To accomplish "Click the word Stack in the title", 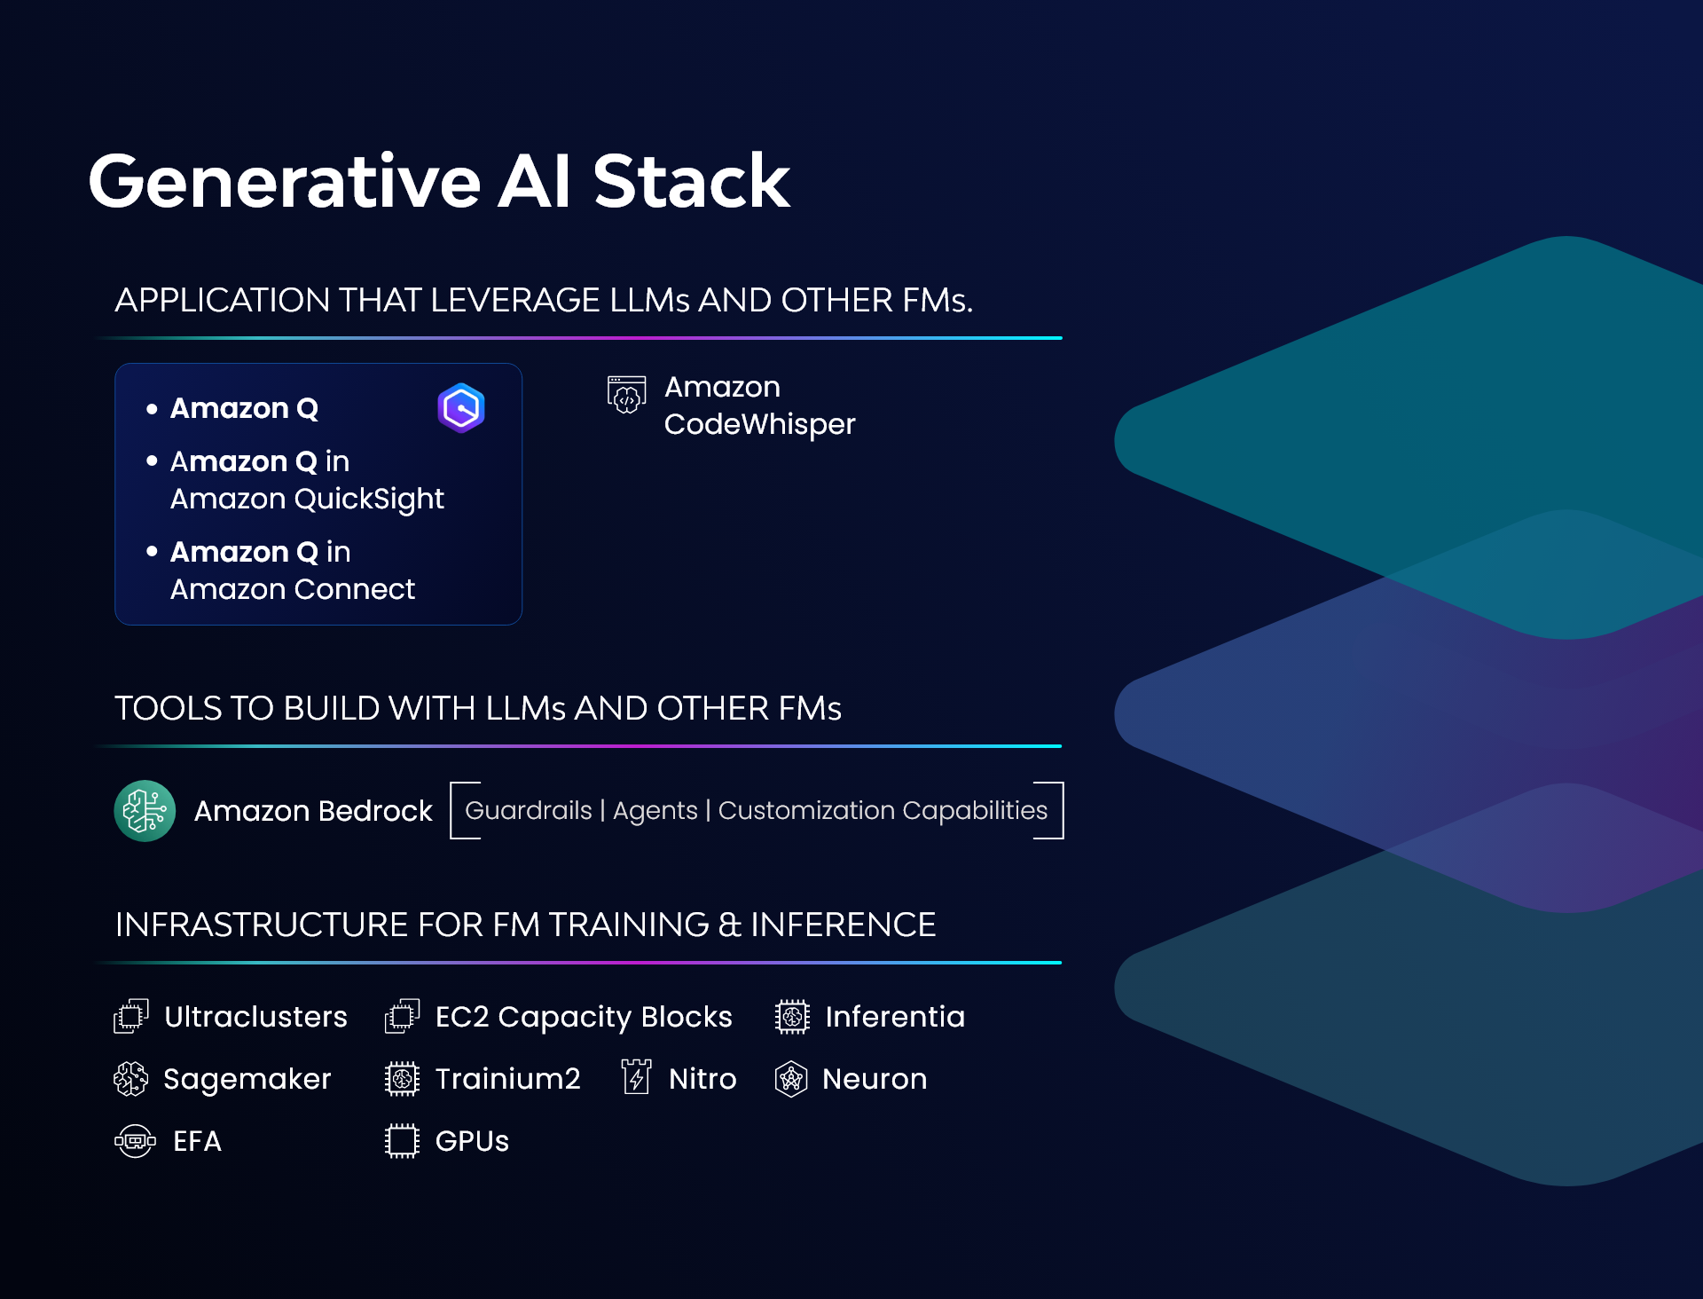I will tap(691, 182).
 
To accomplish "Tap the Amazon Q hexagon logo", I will tap(461, 408).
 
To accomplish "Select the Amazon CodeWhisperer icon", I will tap(626, 395).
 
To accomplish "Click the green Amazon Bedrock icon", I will tap(145, 810).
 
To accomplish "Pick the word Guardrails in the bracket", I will tap(528, 810).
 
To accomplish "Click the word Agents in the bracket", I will tap(655, 810).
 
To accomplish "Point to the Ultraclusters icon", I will tap(131, 1016).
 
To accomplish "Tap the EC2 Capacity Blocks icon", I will tap(402, 1016).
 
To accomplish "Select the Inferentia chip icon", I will tap(792, 1017).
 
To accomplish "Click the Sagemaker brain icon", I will tap(131, 1078).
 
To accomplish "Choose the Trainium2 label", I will tap(507, 1078).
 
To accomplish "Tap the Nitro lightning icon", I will tap(636, 1077).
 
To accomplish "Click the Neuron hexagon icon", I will tap(790, 1079).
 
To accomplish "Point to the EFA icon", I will tap(135, 1140).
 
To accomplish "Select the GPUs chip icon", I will tap(402, 1140).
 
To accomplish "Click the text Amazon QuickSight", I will tap(306, 499).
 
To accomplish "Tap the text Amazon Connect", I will tap(292, 589).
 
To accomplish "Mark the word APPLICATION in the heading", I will tap(222, 300).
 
